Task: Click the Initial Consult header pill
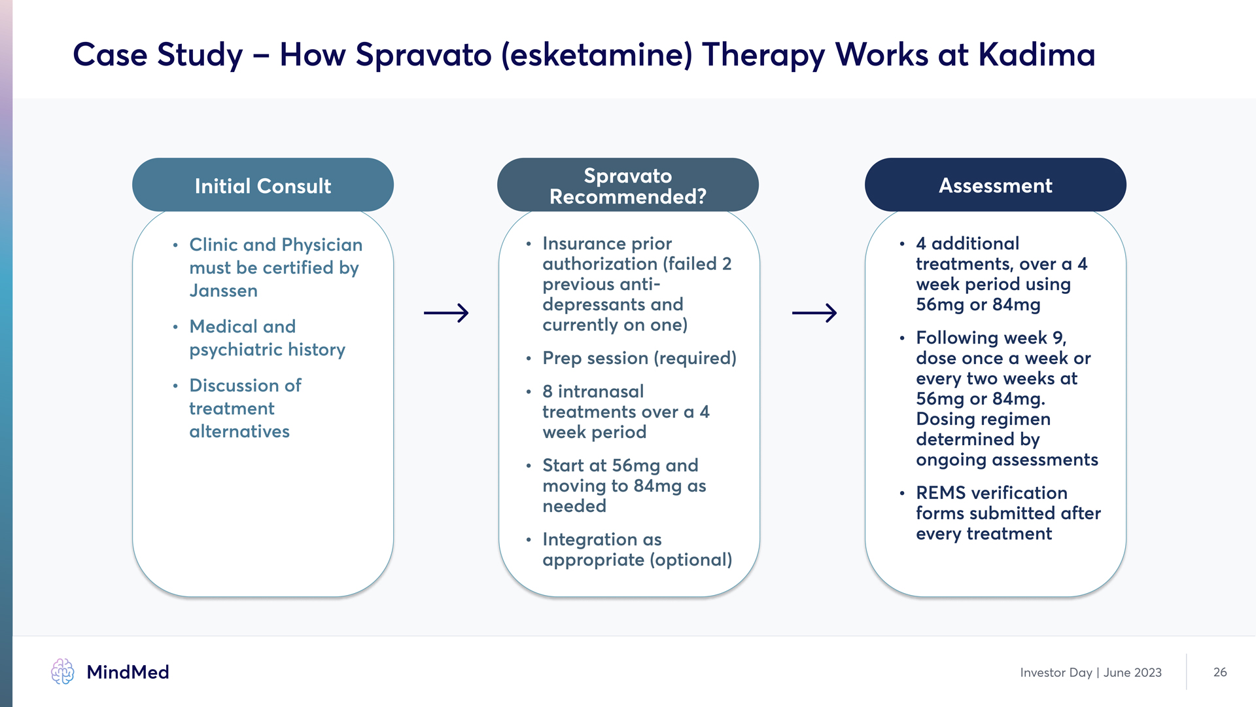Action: pyautogui.click(x=262, y=185)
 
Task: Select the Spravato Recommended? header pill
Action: pyautogui.click(x=627, y=185)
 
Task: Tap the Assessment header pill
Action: pyautogui.click(x=995, y=185)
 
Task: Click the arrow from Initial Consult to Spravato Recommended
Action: pyautogui.click(x=446, y=313)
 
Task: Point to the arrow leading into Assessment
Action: pyautogui.click(x=814, y=313)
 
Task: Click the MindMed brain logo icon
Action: pyautogui.click(x=63, y=672)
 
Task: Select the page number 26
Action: pyautogui.click(x=1220, y=672)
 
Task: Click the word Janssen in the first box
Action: pyautogui.click(x=223, y=291)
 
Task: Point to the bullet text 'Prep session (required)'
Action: pyautogui.click(x=639, y=358)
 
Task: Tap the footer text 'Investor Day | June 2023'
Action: pyautogui.click(x=1090, y=672)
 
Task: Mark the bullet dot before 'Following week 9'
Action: pyautogui.click(x=902, y=338)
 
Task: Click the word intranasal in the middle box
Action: pyautogui.click(x=601, y=391)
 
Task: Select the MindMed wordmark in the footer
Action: pyautogui.click(x=128, y=672)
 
